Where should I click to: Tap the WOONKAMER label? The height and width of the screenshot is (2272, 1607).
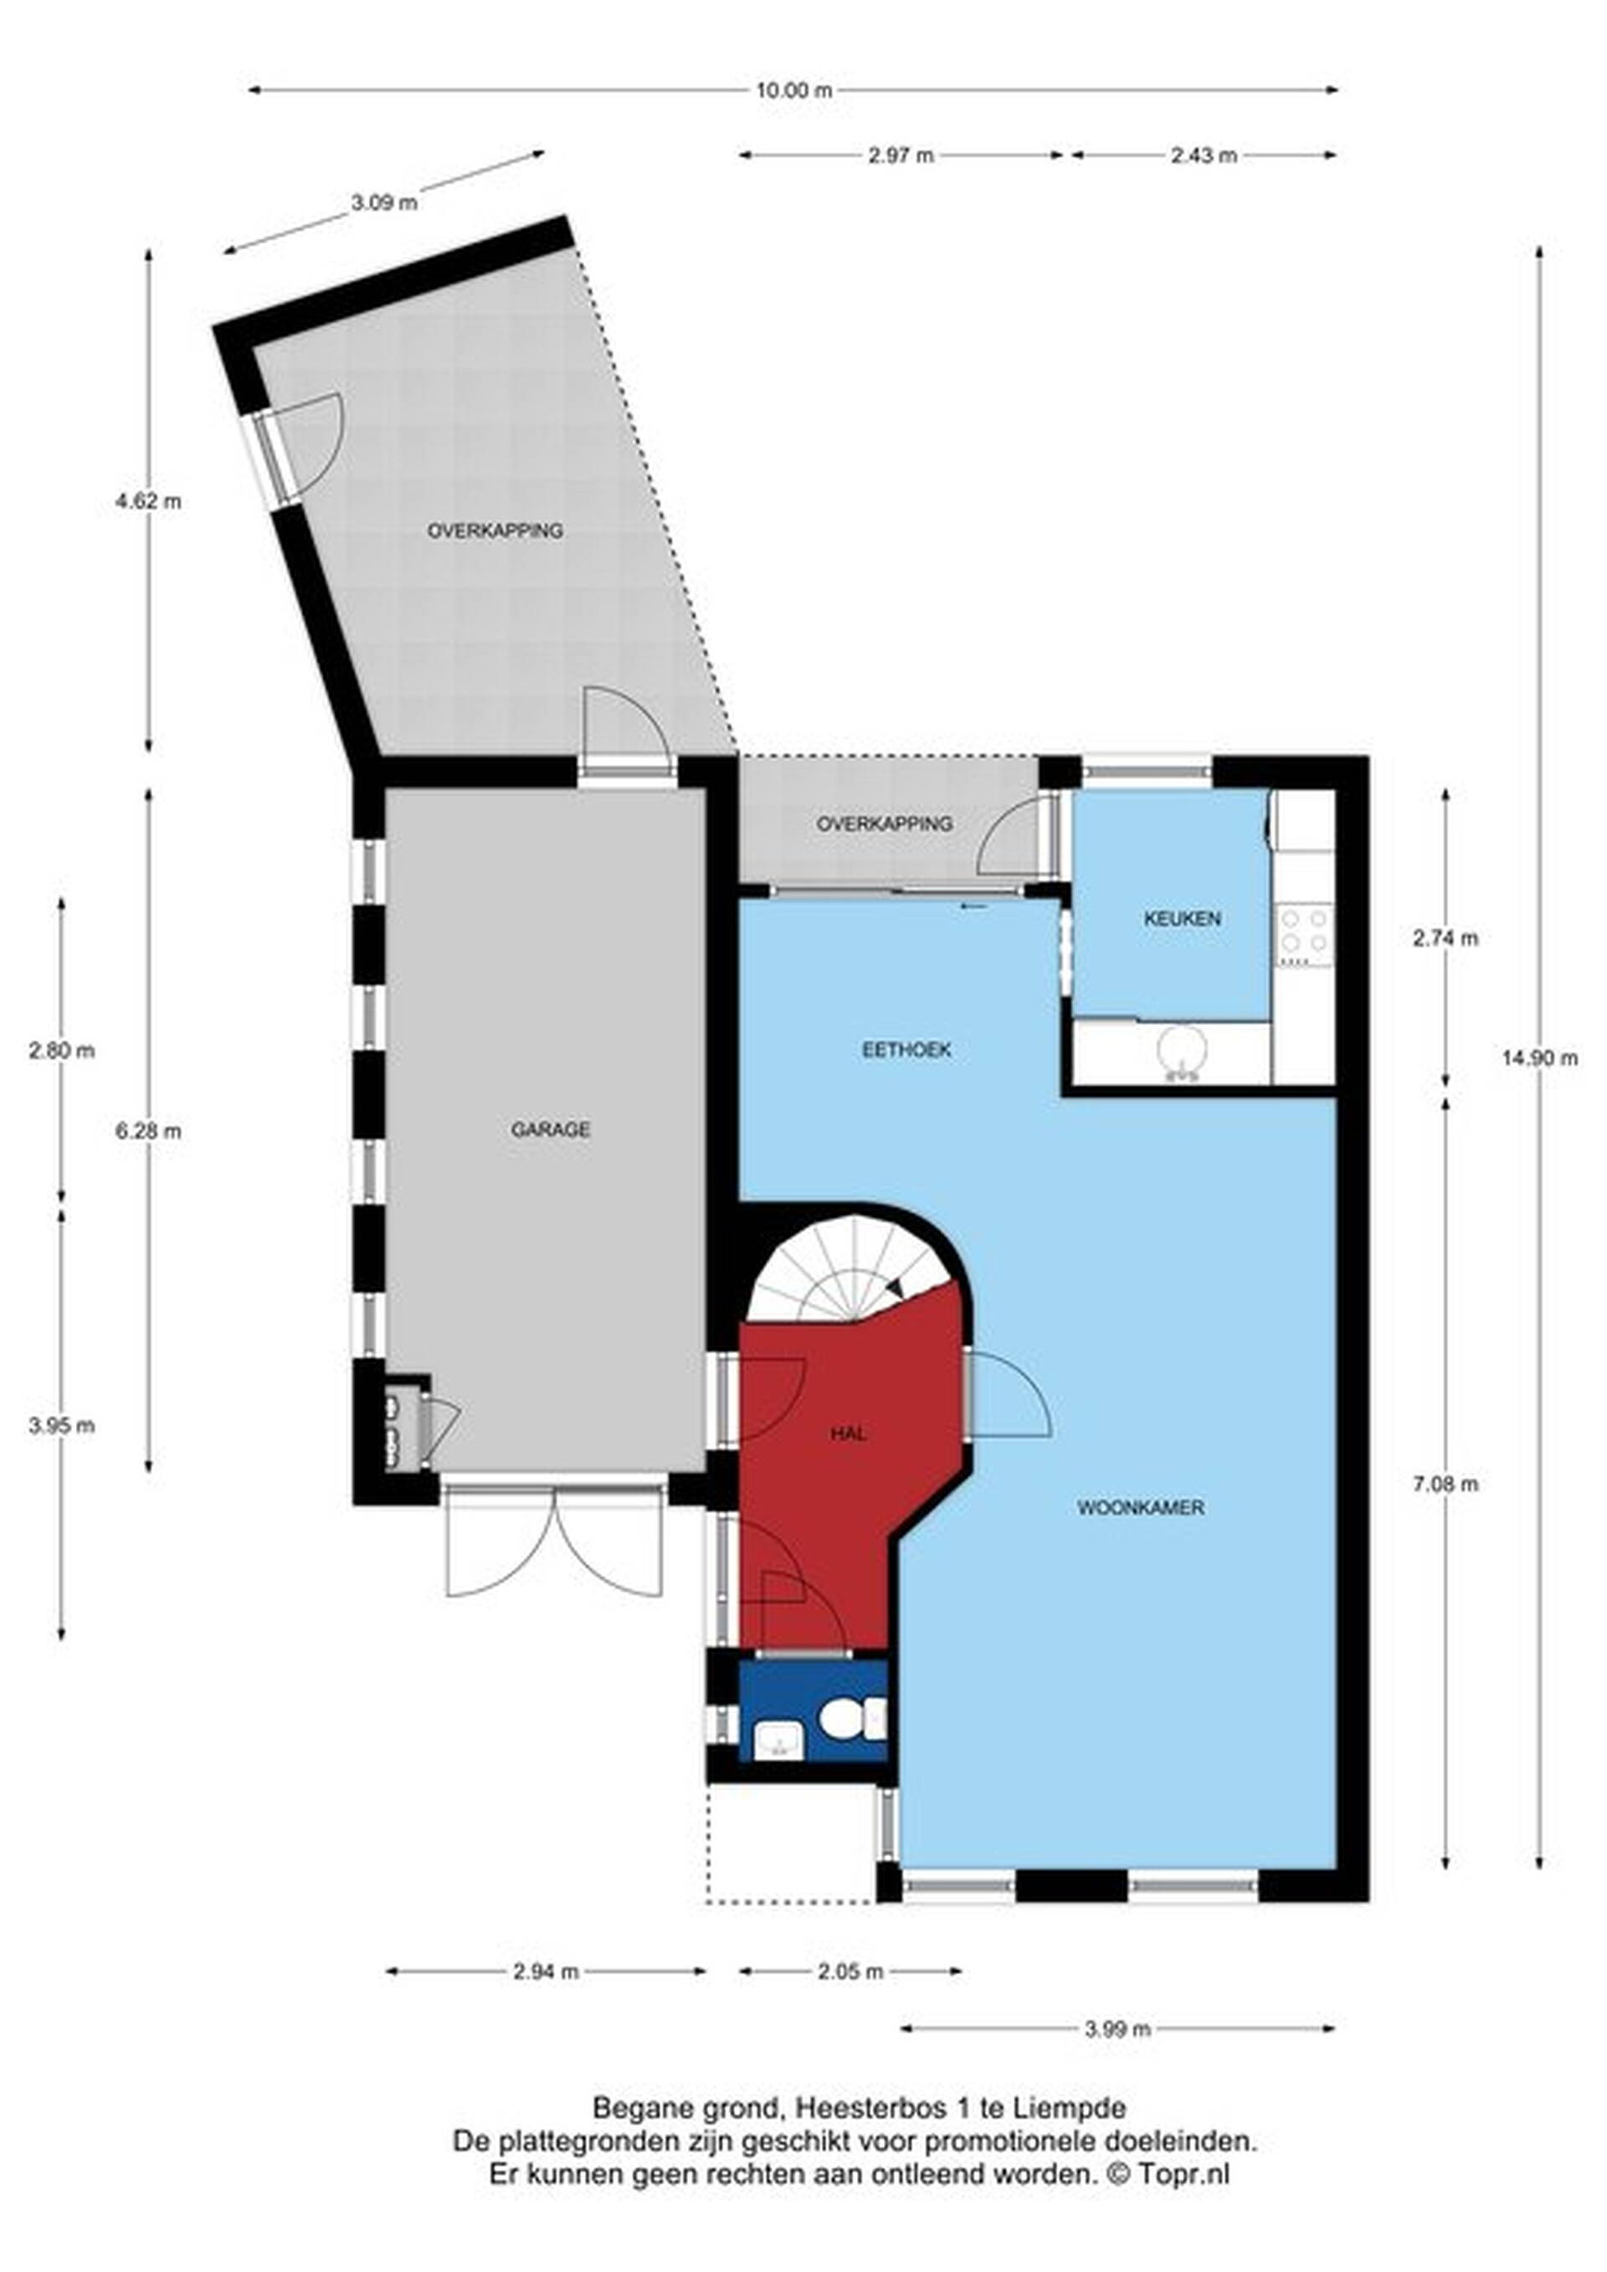pyautogui.click(x=1140, y=1508)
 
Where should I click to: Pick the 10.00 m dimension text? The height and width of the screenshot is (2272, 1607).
pyautogui.click(x=794, y=91)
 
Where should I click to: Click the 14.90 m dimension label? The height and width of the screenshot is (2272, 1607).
pyautogui.click(x=1538, y=1058)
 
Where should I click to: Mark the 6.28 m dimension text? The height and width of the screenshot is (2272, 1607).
pyautogui.click(x=148, y=1130)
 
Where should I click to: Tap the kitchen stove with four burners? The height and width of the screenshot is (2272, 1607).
pyautogui.click(x=1304, y=933)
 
